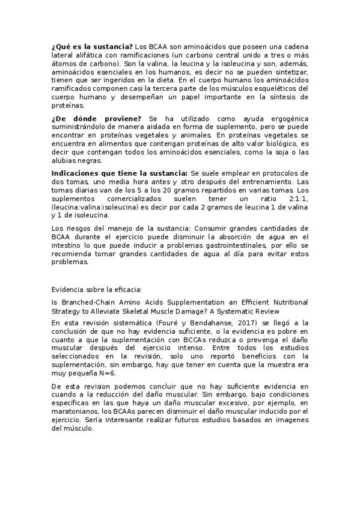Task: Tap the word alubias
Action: click(x=64, y=162)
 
